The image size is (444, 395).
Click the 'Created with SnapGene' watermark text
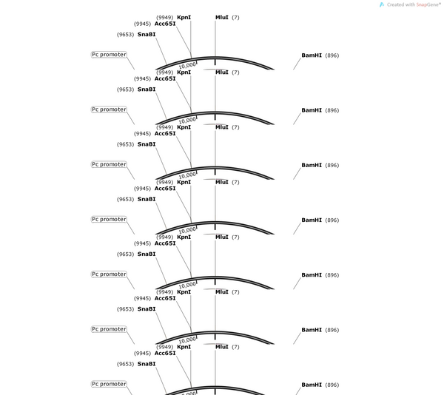pos(414,4)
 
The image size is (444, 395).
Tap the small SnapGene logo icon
pos(382,4)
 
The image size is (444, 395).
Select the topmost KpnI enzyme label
pos(184,17)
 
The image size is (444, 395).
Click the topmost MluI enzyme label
pos(222,17)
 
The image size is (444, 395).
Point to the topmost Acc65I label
pos(165,24)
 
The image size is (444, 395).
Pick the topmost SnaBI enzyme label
pos(147,34)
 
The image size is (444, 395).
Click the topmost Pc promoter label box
pos(109,55)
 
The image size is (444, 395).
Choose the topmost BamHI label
pos(312,55)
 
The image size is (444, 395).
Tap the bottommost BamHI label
pos(312,385)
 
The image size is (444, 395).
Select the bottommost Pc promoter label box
pos(109,384)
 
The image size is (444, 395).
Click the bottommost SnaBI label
pos(147,364)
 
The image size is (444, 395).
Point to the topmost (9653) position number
pos(126,35)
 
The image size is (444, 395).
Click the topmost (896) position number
pos(332,55)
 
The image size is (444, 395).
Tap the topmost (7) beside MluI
pos(235,18)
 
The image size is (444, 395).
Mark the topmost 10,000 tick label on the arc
pos(187,65)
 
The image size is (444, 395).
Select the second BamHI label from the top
pos(312,110)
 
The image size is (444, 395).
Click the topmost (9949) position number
pos(165,18)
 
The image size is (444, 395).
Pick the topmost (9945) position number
pos(142,24)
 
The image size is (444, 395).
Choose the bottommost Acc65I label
pos(165,353)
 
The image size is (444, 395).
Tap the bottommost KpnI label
pos(184,347)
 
